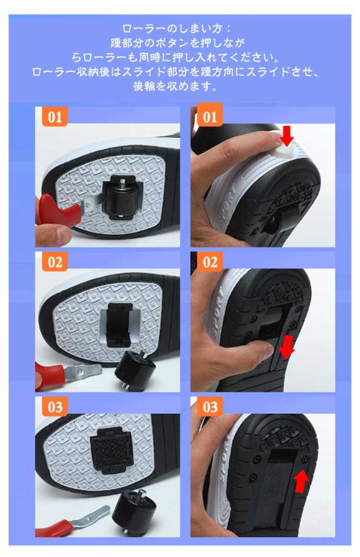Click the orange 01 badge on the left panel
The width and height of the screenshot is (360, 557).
[x=55, y=116]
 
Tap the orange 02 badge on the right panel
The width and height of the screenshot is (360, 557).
[x=210, y=262]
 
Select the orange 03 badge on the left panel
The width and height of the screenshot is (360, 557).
[x=55, y=407]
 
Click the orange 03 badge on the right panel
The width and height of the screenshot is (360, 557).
[x=210, y=407]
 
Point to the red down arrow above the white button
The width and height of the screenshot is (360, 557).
[x=287, y=135]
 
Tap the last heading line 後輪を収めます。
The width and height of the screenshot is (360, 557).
[x=175, y=86]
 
